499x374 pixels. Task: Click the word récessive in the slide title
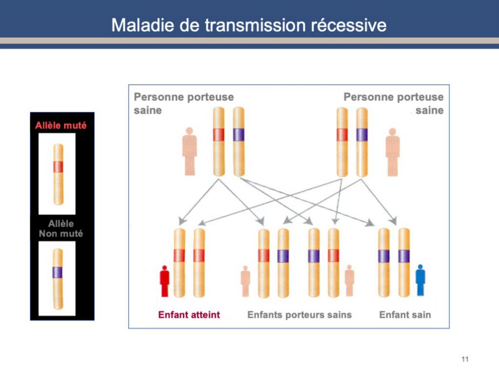(348, 25)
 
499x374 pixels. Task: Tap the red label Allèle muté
(61, 125)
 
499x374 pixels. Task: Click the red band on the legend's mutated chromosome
(58, 167)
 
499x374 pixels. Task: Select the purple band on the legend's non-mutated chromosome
(58, 273)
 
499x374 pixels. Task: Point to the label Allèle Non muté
(61, 229)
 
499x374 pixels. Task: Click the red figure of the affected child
(165, 281)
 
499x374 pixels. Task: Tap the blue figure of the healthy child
(421, 280)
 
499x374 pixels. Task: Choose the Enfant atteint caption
(189, 315)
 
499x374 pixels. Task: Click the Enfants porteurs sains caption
(300, 315)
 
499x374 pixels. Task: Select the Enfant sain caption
(405, 315)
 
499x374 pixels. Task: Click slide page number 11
(465, 359)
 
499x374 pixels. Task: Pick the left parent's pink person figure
(190, 151)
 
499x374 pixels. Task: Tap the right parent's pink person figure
(393, 152)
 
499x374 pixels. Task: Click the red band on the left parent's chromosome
(219, 134)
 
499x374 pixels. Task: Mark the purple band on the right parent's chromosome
(362, 135)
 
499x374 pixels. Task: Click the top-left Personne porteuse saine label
(184, 103)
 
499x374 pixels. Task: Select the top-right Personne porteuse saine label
(394, 103)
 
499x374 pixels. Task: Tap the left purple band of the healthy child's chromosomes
(384, 256)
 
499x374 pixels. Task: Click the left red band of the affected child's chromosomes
(179, 256)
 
